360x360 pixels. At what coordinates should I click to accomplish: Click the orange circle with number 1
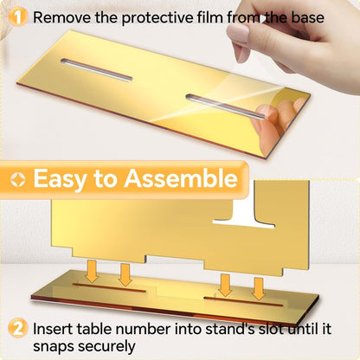[x=17, y=17]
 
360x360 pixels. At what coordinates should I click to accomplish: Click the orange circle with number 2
[x=17, y=328]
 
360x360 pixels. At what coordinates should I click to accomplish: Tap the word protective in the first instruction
[x=157, y=18]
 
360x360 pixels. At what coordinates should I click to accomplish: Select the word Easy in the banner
[x=60, y=179]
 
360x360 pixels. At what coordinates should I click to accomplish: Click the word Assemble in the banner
[x=181, y=178]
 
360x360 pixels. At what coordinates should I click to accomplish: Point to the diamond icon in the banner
[x=18, y=179]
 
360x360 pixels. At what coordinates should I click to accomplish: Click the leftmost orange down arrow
[x=93, y=271]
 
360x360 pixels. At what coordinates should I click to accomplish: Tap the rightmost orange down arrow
[x=259, y=289]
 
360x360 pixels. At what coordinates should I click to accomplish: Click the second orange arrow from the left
[x=125, y=274]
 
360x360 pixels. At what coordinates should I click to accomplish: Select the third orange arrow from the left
[x=225, y=285]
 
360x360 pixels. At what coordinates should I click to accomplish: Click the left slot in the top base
[x=97, y=69]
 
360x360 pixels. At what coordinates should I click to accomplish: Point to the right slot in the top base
[x=225, y=106]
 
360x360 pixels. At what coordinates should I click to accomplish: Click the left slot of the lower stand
[x=109, y=287]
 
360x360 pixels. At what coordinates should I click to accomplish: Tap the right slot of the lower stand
[x=243, y=301]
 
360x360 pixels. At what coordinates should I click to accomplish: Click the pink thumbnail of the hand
[x=238, y=34]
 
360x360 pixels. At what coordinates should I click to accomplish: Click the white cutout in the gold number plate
[x=244, y=213]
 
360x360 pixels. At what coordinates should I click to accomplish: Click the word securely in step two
[x=106, y=346]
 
